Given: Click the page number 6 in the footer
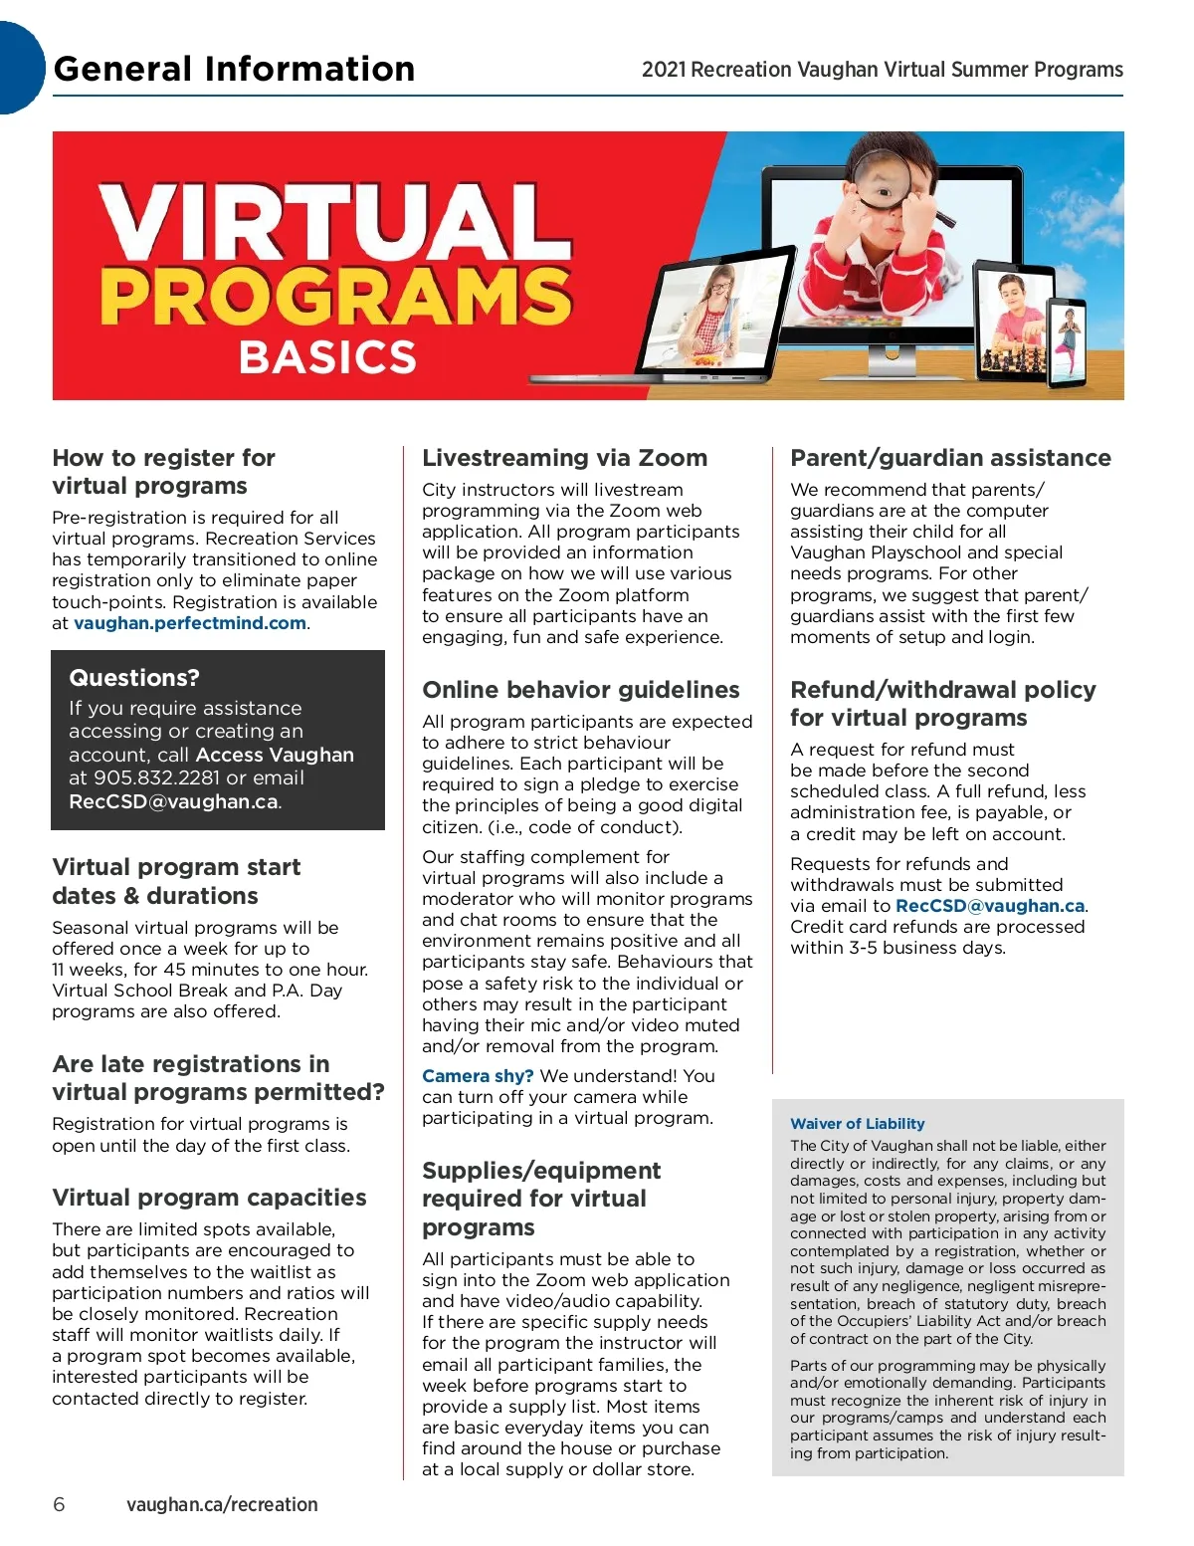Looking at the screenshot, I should click(x=59, y=1504).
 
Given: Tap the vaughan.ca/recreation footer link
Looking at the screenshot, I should click(x=222, y=1504).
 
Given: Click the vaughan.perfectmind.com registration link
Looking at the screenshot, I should click(x=190, y=623).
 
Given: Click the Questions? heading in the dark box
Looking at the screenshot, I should click(x=134, y=678).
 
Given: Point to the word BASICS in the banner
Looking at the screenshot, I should click(x=327, y=357).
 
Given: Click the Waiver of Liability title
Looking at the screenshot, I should click(x=857, y=1124).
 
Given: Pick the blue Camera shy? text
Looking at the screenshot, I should click(x=478, y=1076).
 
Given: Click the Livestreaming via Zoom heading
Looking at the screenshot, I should click(x=564, y=458).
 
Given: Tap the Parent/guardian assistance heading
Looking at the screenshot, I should click(x=950, y=458).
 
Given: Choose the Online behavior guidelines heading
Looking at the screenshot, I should click(x=580, y=690).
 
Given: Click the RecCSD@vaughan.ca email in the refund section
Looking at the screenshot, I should click(x=990, y=906).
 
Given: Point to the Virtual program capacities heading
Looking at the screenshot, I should click(x=209, y=1198).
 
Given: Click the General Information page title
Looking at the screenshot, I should click(x=234, y=69).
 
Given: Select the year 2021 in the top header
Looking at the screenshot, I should click(x=664, y=70).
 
